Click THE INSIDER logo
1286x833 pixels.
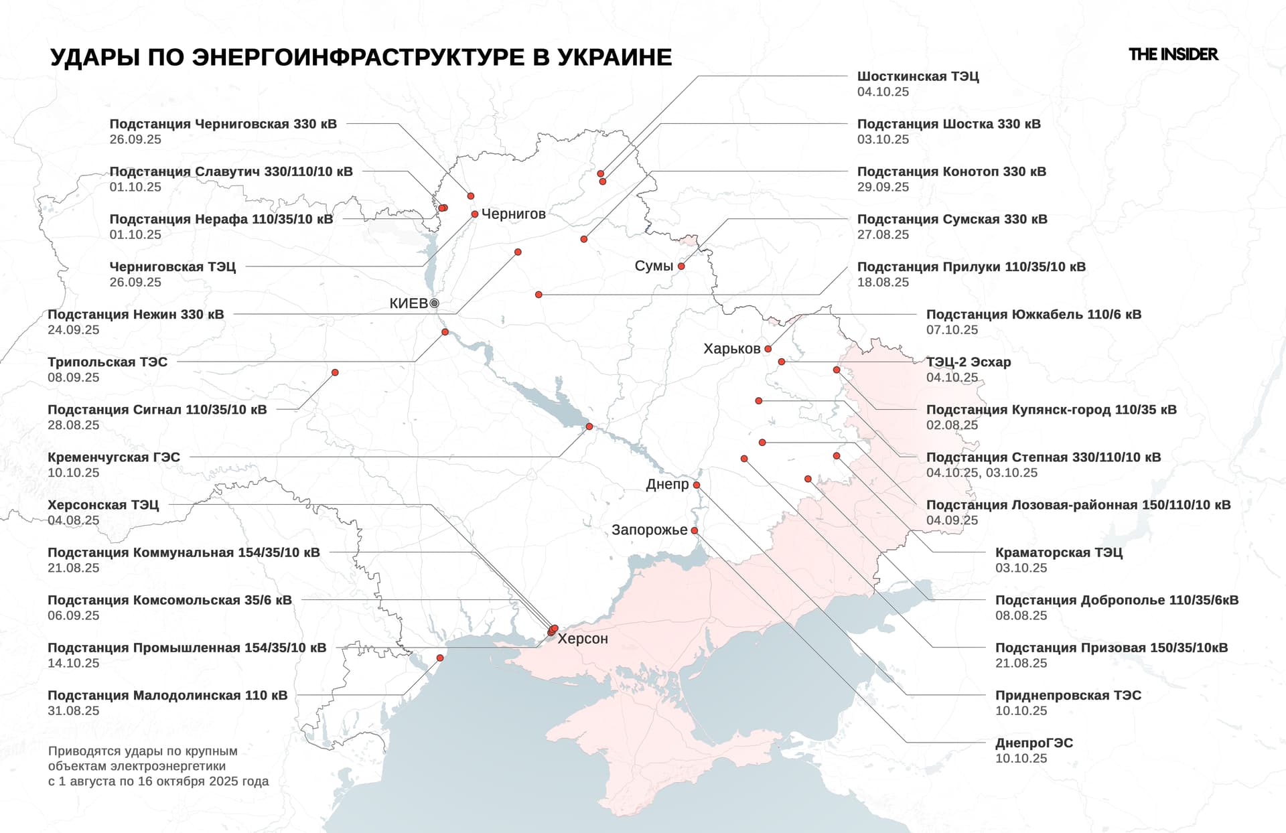[1173, 54]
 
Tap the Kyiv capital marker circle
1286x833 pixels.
[434, 303]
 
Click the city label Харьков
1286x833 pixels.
[731, 349]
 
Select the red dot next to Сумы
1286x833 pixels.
[681, 267]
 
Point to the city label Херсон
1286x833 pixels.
[583, 639]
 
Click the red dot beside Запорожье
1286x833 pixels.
[695, 530]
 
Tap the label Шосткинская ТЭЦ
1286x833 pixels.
[918, 76]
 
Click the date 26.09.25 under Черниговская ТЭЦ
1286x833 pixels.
[135, 283]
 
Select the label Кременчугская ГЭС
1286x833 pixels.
[114, 457]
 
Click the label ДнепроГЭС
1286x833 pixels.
[1033, 743]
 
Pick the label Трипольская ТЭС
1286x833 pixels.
[107, 362]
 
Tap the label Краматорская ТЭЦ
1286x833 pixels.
[1058, 552]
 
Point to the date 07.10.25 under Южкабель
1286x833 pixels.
[952, 330]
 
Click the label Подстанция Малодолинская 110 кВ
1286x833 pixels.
[167, 696]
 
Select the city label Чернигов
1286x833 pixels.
[513, 214]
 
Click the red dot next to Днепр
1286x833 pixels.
[697, 485]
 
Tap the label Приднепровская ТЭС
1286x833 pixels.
[1068, 696]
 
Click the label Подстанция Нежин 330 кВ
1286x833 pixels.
[136, 315]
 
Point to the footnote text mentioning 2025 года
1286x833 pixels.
[158, 781]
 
